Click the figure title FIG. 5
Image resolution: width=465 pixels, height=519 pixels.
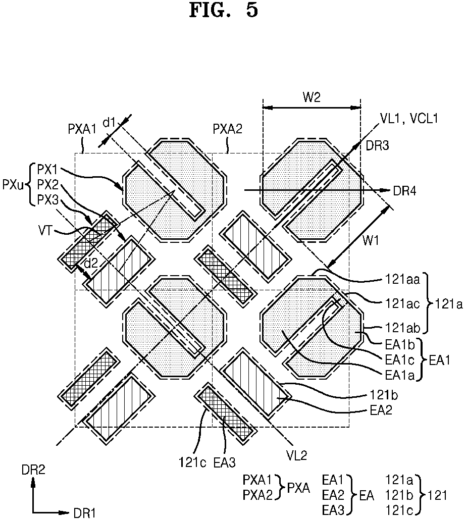coord(224,11)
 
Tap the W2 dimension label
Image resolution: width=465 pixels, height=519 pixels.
coord(312,97)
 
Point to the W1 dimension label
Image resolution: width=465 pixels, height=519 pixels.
coord(371,241)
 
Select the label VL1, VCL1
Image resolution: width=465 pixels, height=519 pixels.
coord(409,118)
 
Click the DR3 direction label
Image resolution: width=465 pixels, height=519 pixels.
coord(377,145)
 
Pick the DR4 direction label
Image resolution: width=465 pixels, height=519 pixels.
coord(404,191)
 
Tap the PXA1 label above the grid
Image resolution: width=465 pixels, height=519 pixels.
coord(82,129)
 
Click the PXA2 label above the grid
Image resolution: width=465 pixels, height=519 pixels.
coord(227,129)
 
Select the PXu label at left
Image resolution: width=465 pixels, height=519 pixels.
coord(14,185)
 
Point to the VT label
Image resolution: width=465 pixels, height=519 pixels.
coord(46,230)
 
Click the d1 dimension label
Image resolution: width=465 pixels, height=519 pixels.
coord(109,123)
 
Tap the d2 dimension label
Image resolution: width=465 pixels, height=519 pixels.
coord(91,263)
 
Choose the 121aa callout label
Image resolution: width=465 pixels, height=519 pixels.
coord(402,280)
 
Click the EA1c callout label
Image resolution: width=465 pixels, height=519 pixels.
coord(400,360)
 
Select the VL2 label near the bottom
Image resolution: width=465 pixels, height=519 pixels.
coord(297,456)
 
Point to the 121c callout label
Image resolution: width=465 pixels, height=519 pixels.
coord(193,462)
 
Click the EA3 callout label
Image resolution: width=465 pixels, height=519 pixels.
coord(224,462)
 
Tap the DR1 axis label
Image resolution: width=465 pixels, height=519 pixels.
coord(84,513)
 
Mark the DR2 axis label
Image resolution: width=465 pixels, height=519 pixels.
coord(33,470)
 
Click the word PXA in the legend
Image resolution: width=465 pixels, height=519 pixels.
coord(298,488)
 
